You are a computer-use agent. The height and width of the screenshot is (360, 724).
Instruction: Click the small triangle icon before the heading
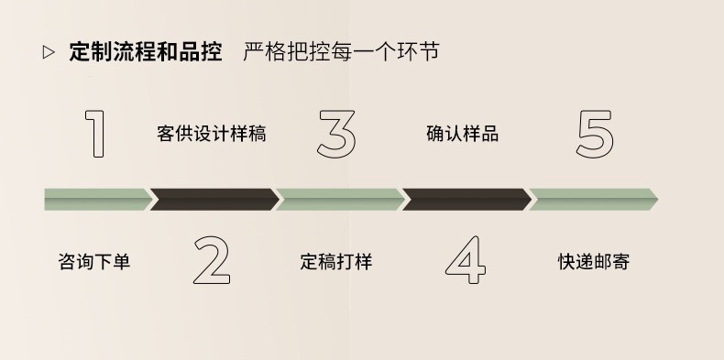(49, 52)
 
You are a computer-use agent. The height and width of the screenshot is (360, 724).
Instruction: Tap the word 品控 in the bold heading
(203, 51)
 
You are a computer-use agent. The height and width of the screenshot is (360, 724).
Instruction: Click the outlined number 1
(95, 134)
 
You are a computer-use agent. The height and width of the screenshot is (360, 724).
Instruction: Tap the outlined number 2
(212, 260)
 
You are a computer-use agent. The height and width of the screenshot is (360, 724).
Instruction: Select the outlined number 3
(335, 134)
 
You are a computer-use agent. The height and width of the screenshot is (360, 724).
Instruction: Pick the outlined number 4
(465, 260)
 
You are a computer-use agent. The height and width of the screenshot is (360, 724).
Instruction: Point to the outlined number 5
(595, 134)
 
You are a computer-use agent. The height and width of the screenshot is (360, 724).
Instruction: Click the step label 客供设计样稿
(212, 134)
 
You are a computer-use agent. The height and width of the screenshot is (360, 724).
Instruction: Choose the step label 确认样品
(463, 134)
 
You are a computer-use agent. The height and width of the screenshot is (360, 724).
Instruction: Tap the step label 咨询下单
(94, 262)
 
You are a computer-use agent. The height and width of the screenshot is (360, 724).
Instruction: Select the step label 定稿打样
(335, 262)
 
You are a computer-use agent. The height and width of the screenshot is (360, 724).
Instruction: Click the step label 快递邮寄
(594, 262)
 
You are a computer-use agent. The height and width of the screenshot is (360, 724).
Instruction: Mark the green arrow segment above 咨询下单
(95, 199)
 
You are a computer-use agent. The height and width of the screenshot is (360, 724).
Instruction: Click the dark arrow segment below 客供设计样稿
(214, 199)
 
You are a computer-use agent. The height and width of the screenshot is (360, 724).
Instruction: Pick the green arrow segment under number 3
(339, 199)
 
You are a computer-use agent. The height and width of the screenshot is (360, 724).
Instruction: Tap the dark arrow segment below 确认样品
(466, 199)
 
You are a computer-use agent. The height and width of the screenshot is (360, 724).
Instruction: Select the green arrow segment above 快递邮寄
(592, 199)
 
